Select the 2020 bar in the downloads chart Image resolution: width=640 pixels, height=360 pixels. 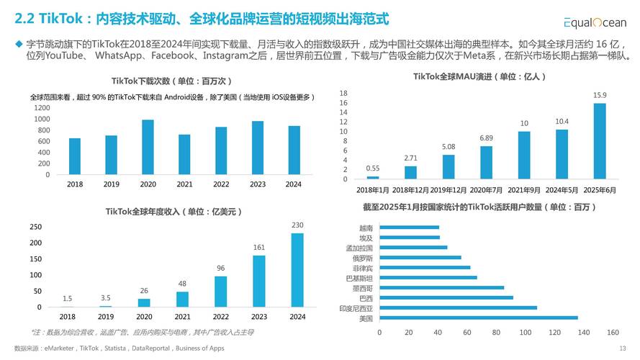pyautogui.click(x=148, y=148)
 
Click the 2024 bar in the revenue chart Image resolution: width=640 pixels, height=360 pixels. pyautogui.click(x=297, y=270)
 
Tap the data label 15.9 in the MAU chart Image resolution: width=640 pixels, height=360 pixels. pyautogui.click(x=599, y=95)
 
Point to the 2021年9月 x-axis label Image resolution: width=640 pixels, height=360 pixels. pyautogui.click(x=524, y=189)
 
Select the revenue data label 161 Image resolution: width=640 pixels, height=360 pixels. pyautogui.click(x=259, y=248)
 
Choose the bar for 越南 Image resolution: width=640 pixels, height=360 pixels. pyautogui.click(x=409, y=228)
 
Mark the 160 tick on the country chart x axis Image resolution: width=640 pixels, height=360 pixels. pyautogui.click(x=613, y=333)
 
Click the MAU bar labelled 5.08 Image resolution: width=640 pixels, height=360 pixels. pyautogui.click(x=449, y=167)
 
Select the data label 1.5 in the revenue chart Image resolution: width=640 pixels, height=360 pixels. pyautogui.click(x=67, y=298)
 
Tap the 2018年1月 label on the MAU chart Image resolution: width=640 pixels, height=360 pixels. pyautogui.click(x=373, y=189)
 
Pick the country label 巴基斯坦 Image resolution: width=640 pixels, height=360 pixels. pyautogui.click(x=359, y=278)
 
